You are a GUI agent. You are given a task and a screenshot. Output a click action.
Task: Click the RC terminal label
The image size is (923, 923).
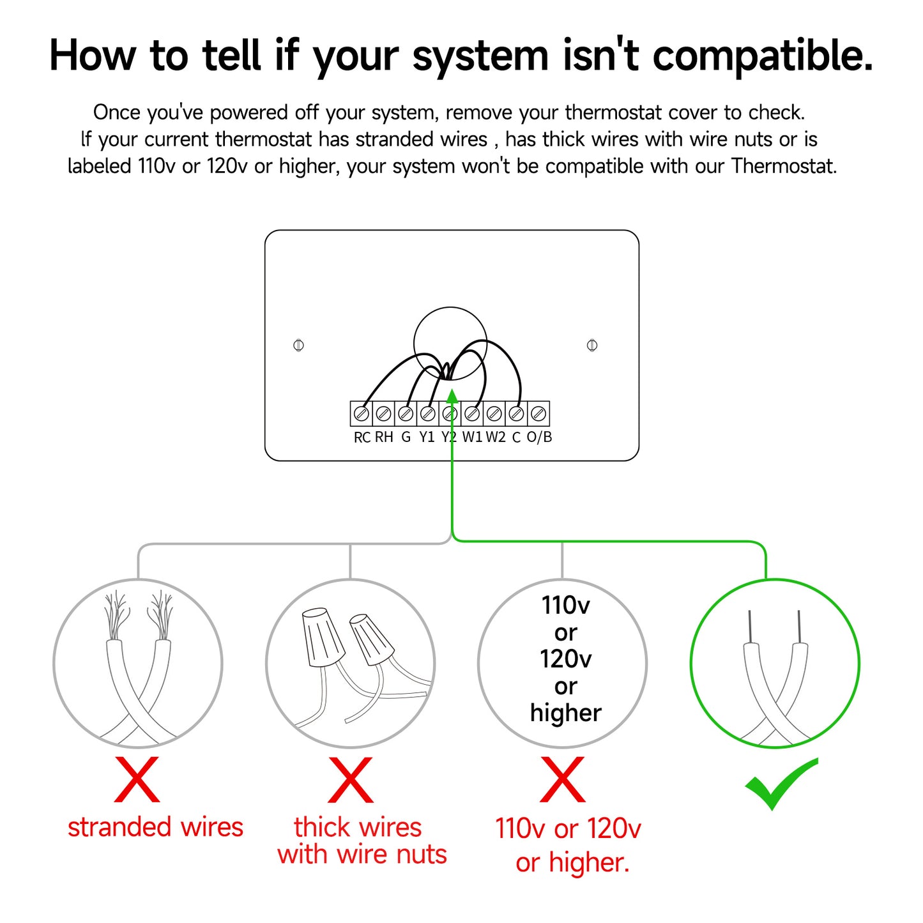pyautogui.click(x=362, y=438)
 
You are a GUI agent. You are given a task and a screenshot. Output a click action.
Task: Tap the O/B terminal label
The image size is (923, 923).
pyautogui.click(x=539, y=437)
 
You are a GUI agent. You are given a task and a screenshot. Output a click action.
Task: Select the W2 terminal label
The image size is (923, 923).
pyautogui.click(x=495, y=438)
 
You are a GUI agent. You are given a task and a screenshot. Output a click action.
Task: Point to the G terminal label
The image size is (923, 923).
pyautogui.click(x=406, y=438)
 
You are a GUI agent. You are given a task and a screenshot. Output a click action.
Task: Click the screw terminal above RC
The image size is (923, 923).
pyautogui.click(x=361, y=413)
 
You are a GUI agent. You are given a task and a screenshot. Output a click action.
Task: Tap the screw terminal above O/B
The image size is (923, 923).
pyautogui.click(x=538, y=413)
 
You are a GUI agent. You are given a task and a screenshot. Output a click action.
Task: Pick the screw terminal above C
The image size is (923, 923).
pyautogui.click(x=516, y=413)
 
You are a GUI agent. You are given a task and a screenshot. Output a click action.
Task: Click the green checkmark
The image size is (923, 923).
pyautogui.click(x=781, y=784)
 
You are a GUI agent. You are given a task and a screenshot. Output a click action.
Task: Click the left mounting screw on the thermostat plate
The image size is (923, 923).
pyautogui.click(x=298, y=345)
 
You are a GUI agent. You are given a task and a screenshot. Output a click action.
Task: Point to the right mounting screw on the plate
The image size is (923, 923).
pyautogui.click(x=592, y=345)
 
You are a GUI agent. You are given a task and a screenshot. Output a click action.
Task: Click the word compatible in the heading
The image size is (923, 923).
pyautogui.click(x=763, y=56)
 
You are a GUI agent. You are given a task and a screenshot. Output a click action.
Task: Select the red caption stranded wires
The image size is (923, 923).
pyautogui.click(x=156, y=827)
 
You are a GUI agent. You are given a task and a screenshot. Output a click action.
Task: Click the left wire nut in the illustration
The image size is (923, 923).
pyautogui.click(x=323, y=637)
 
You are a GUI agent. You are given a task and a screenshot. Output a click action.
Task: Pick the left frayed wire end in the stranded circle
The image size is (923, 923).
pyautogui.click(x=116, y=616)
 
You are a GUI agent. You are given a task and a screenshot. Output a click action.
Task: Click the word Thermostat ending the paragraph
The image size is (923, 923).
pyautogui.click(x=784, y=166)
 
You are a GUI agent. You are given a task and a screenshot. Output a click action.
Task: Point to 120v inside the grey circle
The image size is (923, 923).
pyautogui.click(x=566, y=659)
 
